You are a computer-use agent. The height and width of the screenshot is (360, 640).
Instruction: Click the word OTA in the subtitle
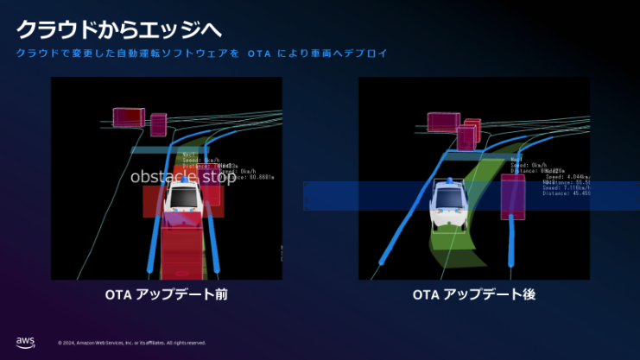point(258,54)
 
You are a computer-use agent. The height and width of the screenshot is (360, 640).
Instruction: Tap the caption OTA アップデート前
point(166,294)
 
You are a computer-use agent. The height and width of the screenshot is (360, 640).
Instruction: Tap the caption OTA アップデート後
point(474,294)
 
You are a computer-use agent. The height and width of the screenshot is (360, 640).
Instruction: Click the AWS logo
point(25,342)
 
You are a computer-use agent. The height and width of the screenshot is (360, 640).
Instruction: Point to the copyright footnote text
point(131,343)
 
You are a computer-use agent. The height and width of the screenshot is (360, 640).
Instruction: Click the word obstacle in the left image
point(163,177)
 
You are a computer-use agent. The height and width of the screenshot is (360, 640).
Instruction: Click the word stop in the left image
point(218,177)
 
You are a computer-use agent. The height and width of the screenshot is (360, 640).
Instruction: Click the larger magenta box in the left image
point(129,118)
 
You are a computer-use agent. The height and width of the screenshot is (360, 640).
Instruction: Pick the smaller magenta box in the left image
point(158,124)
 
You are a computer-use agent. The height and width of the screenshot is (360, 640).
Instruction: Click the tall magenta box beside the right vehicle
point(512,196)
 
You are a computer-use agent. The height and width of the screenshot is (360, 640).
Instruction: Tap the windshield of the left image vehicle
point(182,197)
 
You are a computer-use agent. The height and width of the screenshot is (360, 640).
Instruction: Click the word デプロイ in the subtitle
point(363,54)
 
